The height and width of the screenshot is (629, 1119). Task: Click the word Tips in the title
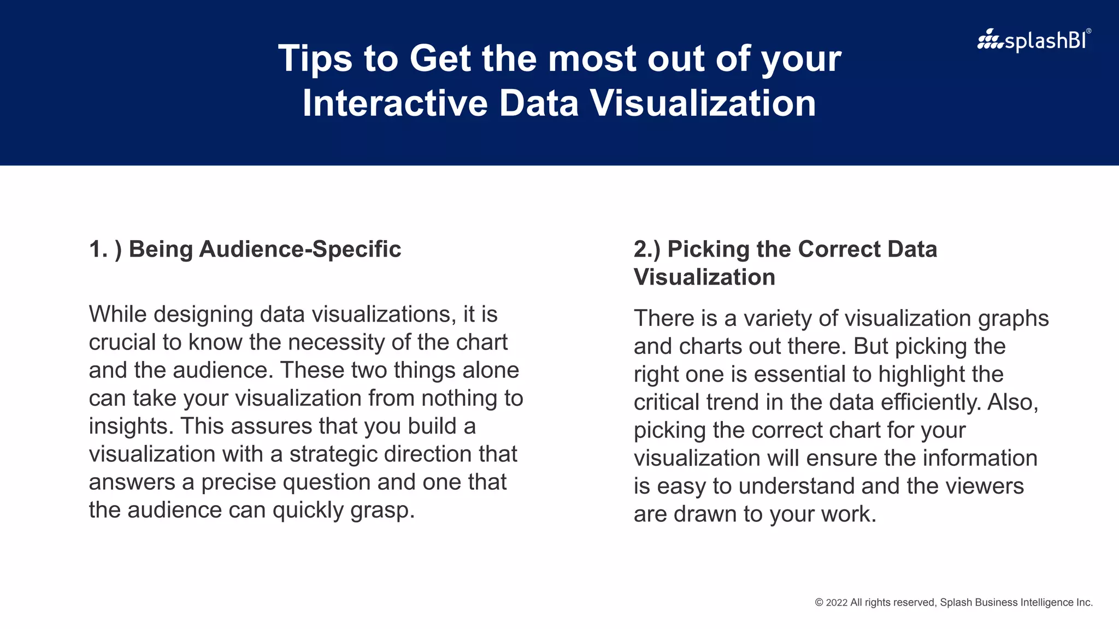[315, 58]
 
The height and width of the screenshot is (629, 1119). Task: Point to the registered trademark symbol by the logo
[1088, 31]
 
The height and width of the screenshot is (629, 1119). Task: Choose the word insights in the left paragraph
[131, 426]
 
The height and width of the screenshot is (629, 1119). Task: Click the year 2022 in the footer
[837, 603]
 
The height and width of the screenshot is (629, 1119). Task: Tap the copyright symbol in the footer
[819, 603]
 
